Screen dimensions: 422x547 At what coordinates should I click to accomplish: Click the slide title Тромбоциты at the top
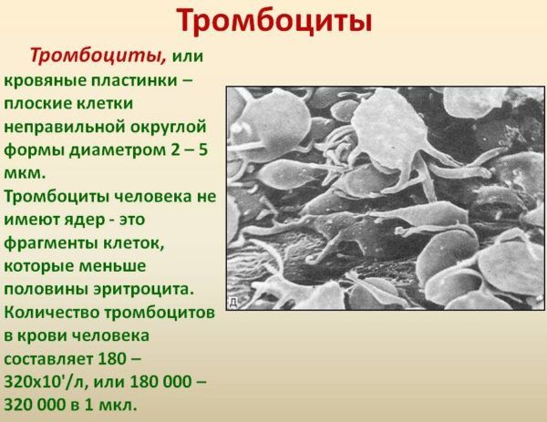273,19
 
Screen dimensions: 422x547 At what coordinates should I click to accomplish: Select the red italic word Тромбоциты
98,56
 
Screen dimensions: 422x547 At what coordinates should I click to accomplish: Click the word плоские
41,103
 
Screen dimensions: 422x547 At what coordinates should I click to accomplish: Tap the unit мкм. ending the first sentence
25,172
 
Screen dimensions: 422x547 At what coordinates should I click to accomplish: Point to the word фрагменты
47,243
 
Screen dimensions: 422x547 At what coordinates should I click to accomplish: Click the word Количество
50,313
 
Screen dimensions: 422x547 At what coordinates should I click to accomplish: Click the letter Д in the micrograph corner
233,301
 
